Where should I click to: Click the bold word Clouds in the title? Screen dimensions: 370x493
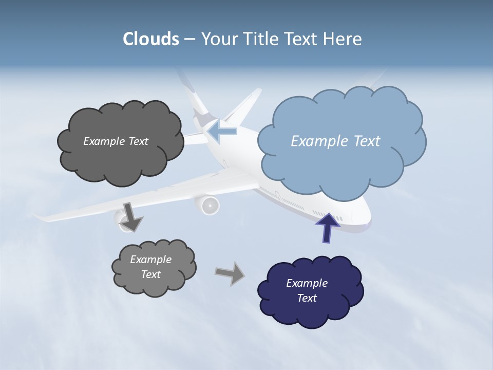pyautogui.click(x=150, y=39)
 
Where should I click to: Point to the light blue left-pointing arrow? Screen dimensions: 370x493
pyautogui.click(x=223, y=132)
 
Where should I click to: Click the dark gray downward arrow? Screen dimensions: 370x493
pyautogui.click(x=131, y=216)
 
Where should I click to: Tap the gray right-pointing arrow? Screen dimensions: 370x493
pyautogui.click(x=230, y=273)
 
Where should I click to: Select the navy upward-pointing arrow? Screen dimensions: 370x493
pyautogui.click(x=328, y=228)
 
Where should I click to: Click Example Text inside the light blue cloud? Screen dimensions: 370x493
pyautogui.click(x=335, y=141)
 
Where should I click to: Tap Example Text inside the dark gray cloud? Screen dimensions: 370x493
pyautogui.click(x=116, y=141)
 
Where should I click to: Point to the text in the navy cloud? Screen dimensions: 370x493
pyautogui.click(x=307, y=290)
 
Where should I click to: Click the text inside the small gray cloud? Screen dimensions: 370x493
pyautogui.click(x=150, y=267)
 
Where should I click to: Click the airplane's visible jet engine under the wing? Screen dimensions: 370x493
pyautogui.click(x=207, y=205)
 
